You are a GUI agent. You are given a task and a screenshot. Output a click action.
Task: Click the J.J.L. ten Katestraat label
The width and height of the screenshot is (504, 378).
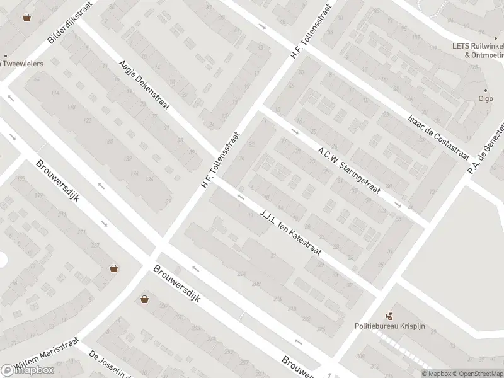290,231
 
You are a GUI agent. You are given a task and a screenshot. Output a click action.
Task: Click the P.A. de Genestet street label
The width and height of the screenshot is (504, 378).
487,147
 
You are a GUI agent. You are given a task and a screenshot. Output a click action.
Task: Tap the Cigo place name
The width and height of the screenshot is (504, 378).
485,99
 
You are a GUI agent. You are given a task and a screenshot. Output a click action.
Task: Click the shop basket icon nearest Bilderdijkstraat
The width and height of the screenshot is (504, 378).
27,18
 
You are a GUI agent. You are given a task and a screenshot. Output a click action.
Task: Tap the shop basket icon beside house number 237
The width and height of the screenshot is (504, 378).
114,268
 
